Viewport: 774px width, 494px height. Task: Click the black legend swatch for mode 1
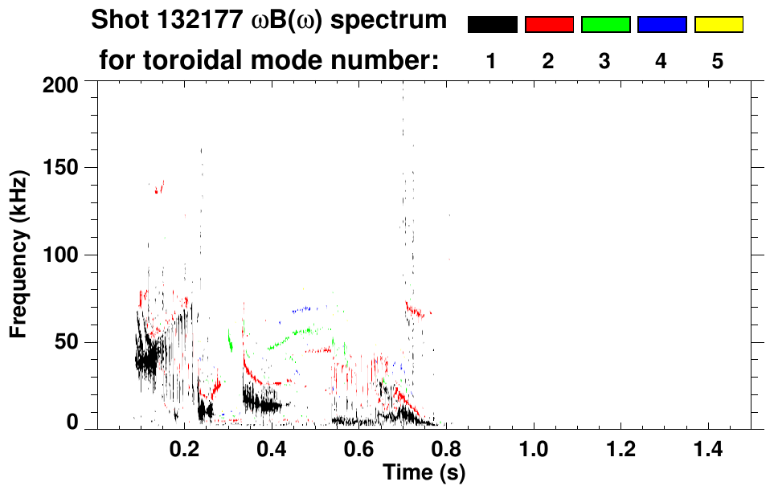492,25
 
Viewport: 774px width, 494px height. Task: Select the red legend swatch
549,25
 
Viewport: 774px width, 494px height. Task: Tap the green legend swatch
605,25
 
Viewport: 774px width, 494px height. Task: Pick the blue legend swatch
661,25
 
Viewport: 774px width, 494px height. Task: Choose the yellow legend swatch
718,25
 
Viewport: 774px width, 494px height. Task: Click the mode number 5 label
718,60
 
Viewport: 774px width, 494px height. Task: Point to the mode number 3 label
605,60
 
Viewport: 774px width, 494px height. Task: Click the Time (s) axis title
423,472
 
